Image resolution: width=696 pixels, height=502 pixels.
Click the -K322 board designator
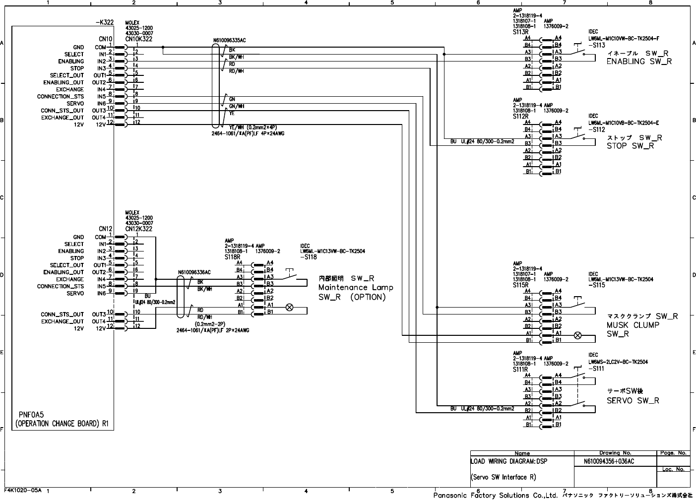[x=104, y=23]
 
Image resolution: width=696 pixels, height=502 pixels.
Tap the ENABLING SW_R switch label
[x=639, y=62]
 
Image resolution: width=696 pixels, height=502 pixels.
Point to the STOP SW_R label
[x=630, y=146]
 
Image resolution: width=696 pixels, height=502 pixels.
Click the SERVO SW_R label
[x=633, y=400]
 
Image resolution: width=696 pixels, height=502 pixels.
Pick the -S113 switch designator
[x=597, y=45]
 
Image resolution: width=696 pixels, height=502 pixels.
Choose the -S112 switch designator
[x=597, y=130]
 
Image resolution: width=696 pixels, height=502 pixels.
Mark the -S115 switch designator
[x=597, y=285]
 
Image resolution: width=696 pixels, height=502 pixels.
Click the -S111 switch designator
[x=597, y=369]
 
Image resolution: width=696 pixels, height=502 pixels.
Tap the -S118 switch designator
[x=309, y=257]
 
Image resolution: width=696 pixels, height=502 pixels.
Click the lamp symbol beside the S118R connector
[x=289, y=308]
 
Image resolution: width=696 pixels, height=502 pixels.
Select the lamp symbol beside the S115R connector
[x=577, y=335]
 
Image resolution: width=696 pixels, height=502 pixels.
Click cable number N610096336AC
[x=194, y=272]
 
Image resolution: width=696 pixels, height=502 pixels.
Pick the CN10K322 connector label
[x=138, y=39]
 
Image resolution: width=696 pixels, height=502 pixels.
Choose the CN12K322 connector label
[x=138, y=229]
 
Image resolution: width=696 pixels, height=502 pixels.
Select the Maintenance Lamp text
[x=355, y=288]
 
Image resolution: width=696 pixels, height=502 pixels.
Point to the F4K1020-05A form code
[x=23, y=489]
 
